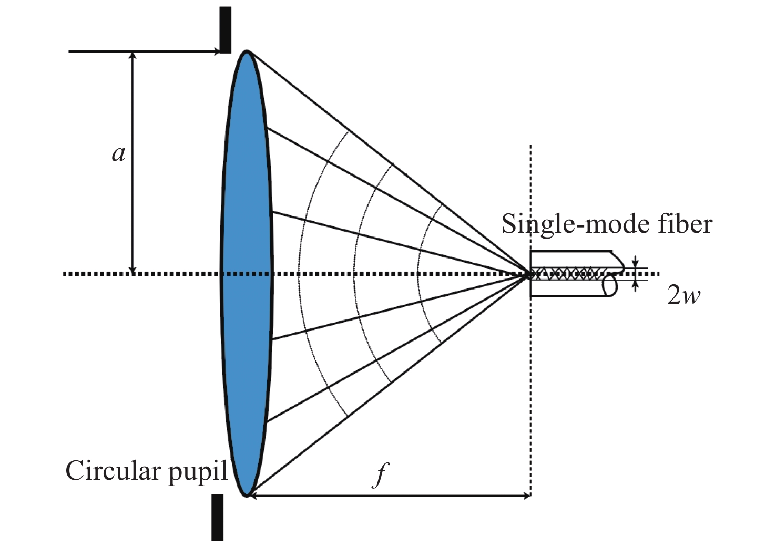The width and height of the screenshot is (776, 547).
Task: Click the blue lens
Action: click(246, 273)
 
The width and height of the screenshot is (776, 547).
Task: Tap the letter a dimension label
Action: click(119, 154)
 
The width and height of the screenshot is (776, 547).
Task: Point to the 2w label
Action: click(683, 296)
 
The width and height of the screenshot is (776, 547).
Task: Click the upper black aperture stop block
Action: click(225, 29)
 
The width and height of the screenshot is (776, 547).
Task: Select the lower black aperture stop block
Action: click(217, 517)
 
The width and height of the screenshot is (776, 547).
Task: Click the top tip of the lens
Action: click(246, 51)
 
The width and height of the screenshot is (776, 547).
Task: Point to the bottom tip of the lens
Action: click(246, 495)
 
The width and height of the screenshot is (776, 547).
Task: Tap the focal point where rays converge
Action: click(529, 273)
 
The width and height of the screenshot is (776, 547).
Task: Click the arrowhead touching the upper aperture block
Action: click(216, 51)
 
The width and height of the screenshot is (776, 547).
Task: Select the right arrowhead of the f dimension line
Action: click(526, 496)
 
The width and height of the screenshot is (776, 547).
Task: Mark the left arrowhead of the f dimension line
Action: click(252, 496)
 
